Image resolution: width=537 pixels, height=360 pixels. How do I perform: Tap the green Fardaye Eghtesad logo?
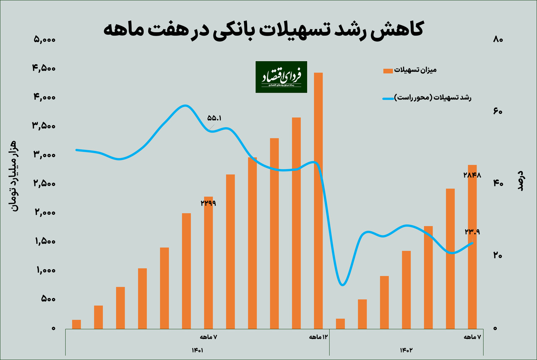point(281,77)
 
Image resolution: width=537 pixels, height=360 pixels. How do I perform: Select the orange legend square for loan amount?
point(388,70)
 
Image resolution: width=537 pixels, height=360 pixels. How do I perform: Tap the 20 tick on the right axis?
point(498,256)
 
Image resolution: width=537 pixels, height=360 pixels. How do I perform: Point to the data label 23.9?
point(472,232)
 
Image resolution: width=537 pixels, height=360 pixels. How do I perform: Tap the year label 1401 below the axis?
point(198,350)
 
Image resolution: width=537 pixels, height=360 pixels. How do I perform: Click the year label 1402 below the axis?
point(407,350)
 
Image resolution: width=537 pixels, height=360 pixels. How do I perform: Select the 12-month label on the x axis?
point(318,337)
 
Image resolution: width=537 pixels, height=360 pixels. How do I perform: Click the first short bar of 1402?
point(340,323)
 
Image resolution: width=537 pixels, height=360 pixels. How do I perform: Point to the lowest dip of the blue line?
point(343,285)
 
